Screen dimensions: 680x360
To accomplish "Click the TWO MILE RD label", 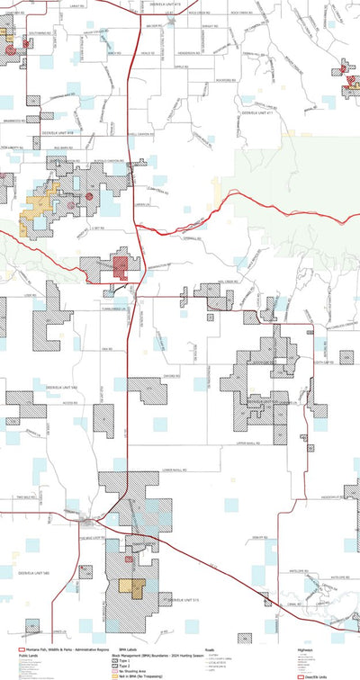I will point(24,497).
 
